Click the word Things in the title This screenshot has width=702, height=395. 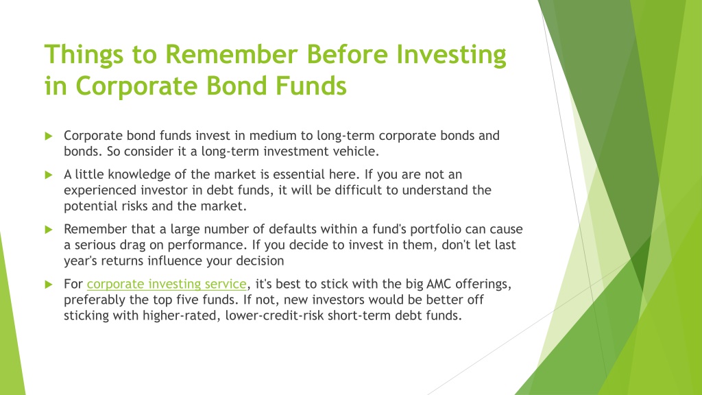click(84, 55)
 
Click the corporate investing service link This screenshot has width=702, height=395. click(167, 284)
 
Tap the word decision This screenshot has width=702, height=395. click(260, 261)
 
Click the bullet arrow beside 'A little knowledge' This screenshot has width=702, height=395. click(49, 175)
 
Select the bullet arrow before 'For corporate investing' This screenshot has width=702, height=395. click(49, 285)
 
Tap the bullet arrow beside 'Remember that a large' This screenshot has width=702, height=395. click(49, 230)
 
